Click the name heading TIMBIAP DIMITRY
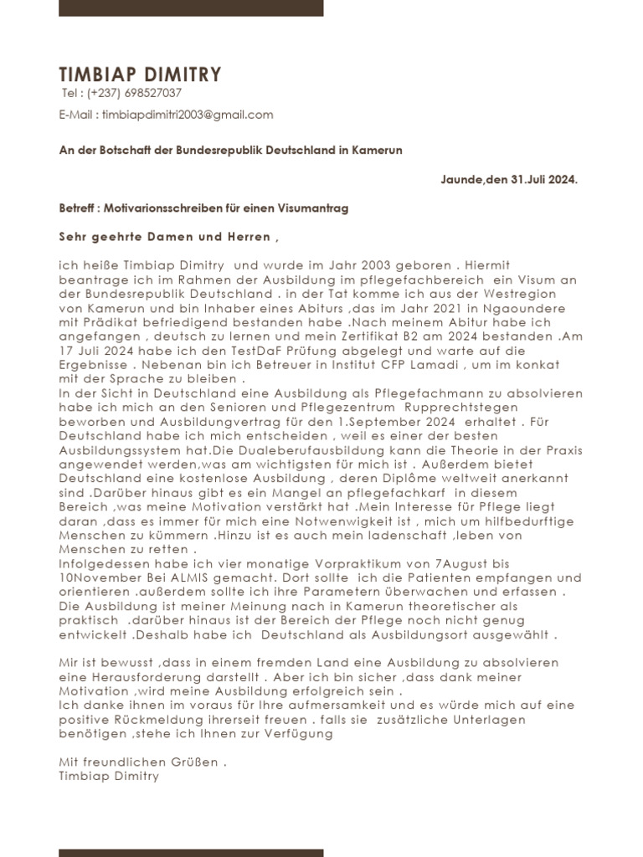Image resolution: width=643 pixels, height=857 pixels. [x=140, y=74]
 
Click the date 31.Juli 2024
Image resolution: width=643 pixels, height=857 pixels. [x=543, y=179]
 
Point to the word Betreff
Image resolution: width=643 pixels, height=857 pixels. [x=77, y=207]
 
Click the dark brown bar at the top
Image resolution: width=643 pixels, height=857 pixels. [x=191, y=8]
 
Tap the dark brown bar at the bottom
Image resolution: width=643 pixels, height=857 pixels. [x=191, y=852]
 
